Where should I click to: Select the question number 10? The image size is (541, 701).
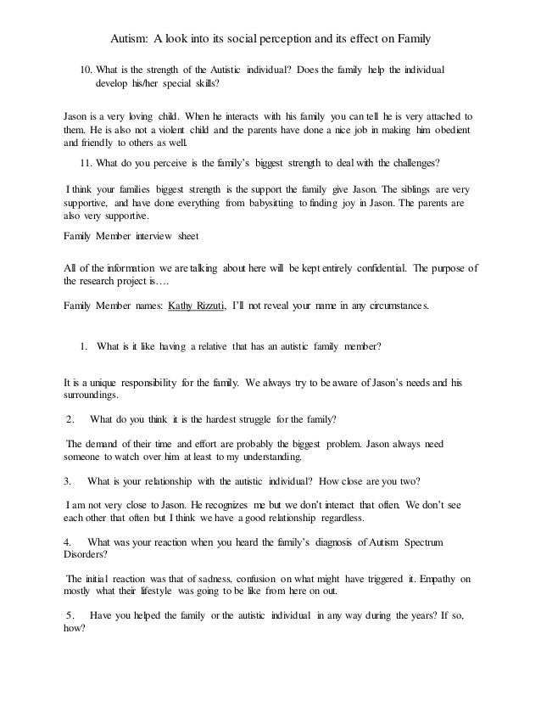pyautogui.click(x=85, y=68)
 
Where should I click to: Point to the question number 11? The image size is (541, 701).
pyautogui.click(x=85, y=161)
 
